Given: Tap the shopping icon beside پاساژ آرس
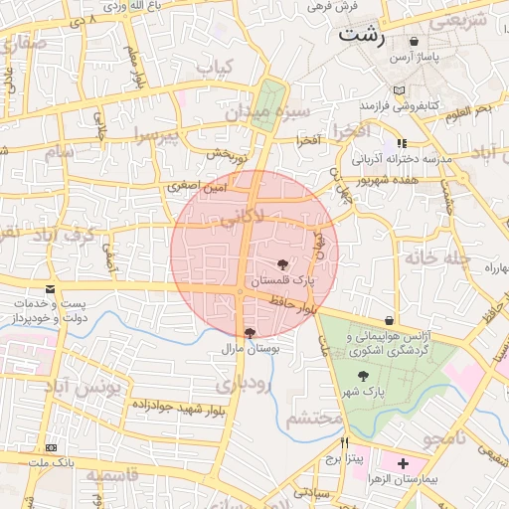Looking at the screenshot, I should pos(413,42).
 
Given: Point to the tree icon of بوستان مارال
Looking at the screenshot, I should pos(249,333).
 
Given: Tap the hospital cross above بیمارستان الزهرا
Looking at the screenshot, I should pos(403,463).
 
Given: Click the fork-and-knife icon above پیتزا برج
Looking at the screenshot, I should pos(344,443).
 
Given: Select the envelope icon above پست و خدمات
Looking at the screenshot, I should pos(50,289).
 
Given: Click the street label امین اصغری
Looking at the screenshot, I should pos(199,186).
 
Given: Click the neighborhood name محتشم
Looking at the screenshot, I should pos(315,420).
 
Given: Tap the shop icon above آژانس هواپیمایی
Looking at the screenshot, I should pos(388,320).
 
